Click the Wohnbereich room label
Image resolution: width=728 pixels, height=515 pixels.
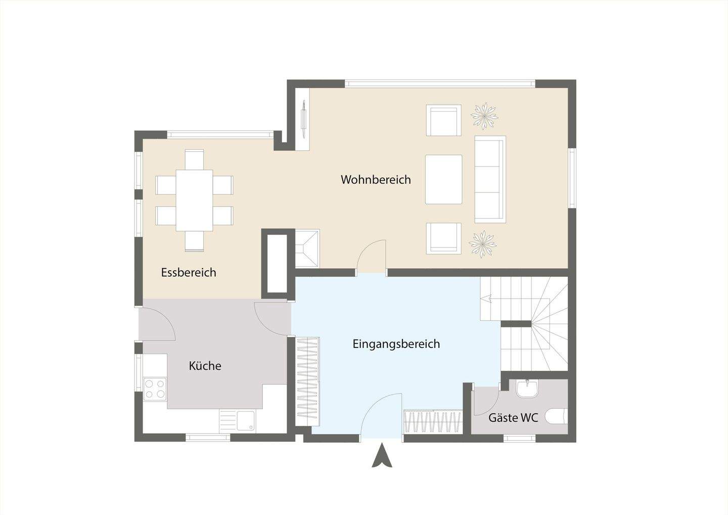click(x=376, y=180)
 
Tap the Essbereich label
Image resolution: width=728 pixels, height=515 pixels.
click(x=189, y=273)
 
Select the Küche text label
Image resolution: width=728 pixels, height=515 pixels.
click(x=205, y=366)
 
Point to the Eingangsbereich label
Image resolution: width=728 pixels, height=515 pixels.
click(x=396, y=344)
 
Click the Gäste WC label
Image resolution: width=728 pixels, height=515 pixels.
click(x=513, y=418)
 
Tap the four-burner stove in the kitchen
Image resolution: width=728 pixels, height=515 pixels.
click(x=155, y=389)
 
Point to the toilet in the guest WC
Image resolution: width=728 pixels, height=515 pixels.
click(x=558, y=417)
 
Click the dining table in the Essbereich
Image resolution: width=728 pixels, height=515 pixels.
click(x=194, y=200)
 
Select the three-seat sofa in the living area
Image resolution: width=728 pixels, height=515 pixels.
click(x=489, y=179)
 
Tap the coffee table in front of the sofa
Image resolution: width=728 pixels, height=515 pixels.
click(x=443, y=179)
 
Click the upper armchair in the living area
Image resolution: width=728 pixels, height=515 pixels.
click(x=443, y=120)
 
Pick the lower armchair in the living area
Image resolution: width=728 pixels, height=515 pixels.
click(x=443, y=238)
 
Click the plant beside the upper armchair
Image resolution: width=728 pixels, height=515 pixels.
click(x=484, y=116)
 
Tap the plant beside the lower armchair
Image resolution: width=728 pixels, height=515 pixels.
click(x=482, y=243)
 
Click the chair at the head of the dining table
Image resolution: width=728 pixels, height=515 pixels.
click(x=194, y=158)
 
